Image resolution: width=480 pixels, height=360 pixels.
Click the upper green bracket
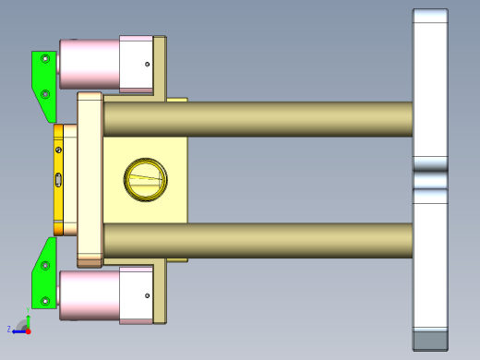[x=42, y=78]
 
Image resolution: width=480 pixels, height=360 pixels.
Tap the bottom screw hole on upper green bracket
[x=45, y=93]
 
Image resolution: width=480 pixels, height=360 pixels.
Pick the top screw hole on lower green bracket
[x=45, y=266]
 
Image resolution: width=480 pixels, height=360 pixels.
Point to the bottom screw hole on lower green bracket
[x=45, y=299]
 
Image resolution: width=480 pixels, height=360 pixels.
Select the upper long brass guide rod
[x=258, y=118]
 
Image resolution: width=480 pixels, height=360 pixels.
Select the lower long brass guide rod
[x=258, y=240]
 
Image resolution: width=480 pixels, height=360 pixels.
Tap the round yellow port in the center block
[x=145, y=178]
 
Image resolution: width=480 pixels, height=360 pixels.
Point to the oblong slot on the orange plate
[x=59, y=180]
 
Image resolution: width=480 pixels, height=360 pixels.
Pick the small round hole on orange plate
[x=59, y=150]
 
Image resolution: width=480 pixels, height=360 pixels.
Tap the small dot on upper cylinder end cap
[x=147, y=64]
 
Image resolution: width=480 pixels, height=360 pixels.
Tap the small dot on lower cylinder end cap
[x=147, y=295]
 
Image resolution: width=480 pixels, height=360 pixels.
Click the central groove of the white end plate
[x=429, y=174]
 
